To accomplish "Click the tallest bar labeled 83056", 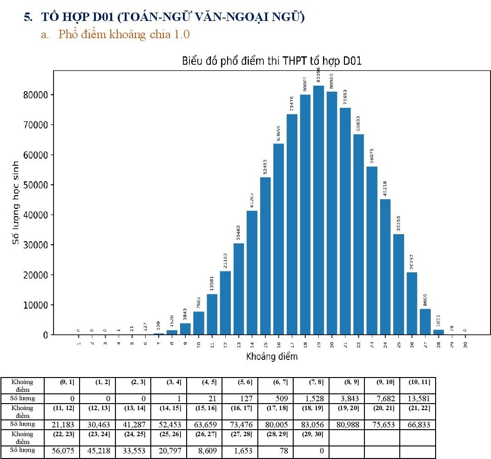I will click(318, 209).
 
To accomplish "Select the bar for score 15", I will click(265, 256).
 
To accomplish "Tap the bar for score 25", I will click(398, 284).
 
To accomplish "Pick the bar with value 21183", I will click(225, 303).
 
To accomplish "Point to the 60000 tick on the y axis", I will click(36, 155).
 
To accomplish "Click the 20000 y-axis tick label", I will click(36, 275).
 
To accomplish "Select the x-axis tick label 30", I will click(465, 344).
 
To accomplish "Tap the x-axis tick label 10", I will click(199, 344).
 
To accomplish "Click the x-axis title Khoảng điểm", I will click(271, 357).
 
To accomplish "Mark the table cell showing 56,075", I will click(61, 451).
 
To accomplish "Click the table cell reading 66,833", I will click(418, 425).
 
